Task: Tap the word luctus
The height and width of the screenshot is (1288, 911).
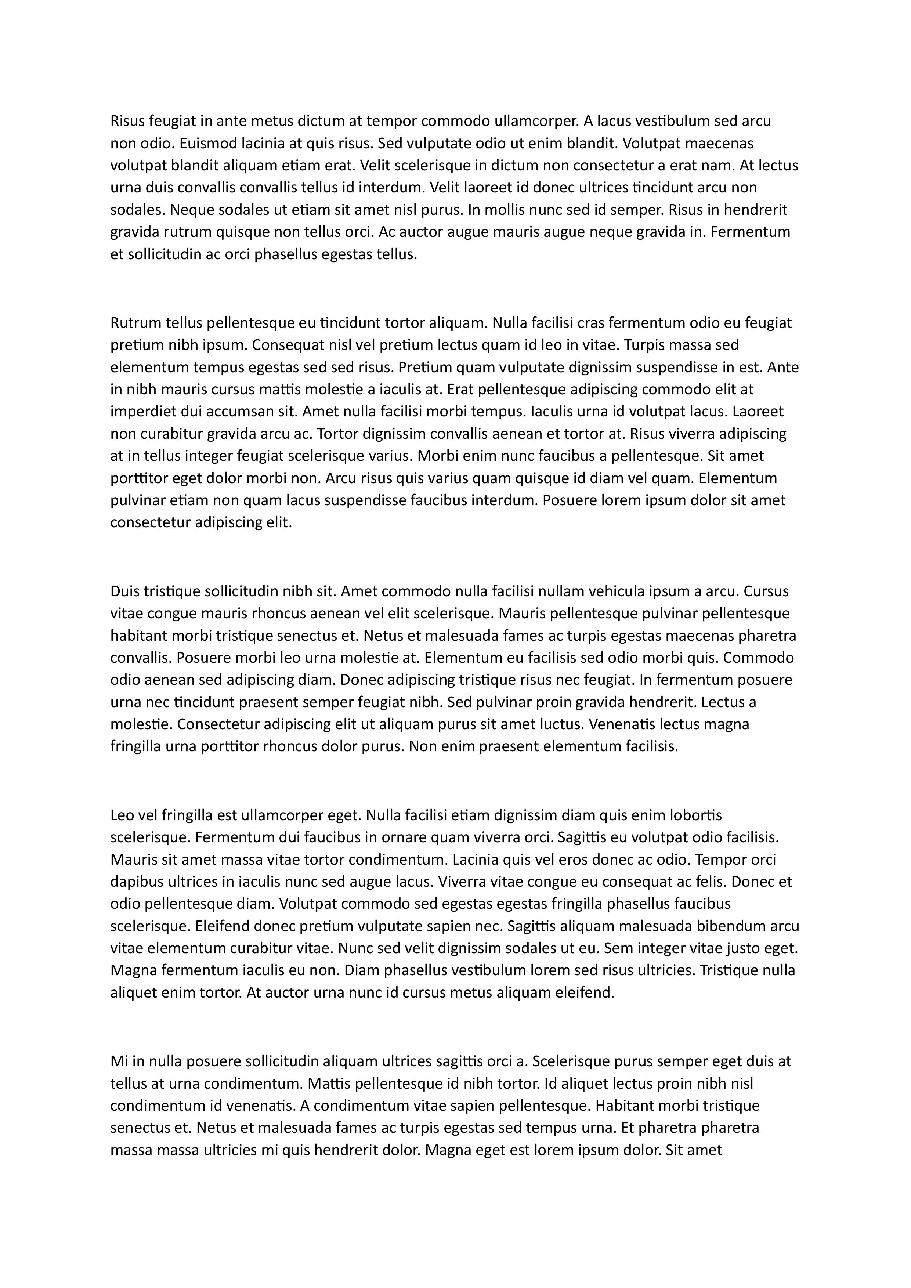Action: [564, 724]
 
